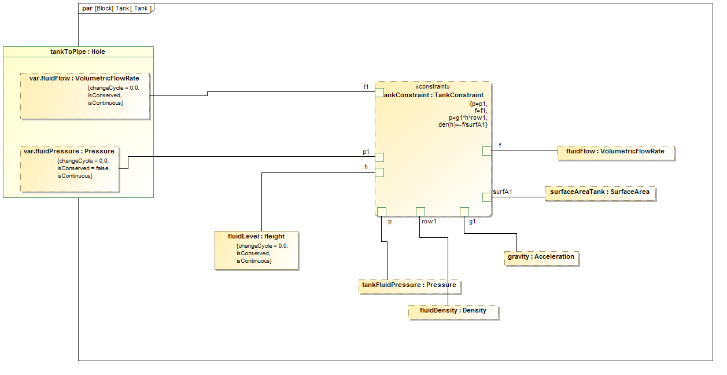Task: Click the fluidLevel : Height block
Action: (x=256, y=250)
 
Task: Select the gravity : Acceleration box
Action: (x=541, y=257)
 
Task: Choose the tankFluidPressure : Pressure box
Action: (x=409, y=285)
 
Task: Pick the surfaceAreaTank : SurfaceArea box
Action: (x=600, y=192)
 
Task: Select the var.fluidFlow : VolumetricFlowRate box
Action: (x=84, y=96)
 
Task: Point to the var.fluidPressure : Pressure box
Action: (x=69, y=169)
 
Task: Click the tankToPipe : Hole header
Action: (x=78, y=52)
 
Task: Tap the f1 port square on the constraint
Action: (x=379, y=93)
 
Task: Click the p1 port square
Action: (x=379, y=157)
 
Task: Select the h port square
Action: (x=379, y=172)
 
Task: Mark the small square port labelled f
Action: (x=487, y=151)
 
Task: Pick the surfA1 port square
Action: (x=487, y=197)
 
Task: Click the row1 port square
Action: (x=420, y=212)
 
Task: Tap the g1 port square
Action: (x=464, y=212)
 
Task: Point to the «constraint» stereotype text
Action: (x=433, y=87)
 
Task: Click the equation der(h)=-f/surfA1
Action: (x=463, y=124)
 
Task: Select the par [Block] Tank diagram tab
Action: (x=116, y=8)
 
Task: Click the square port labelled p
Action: (x=382, y=212)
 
